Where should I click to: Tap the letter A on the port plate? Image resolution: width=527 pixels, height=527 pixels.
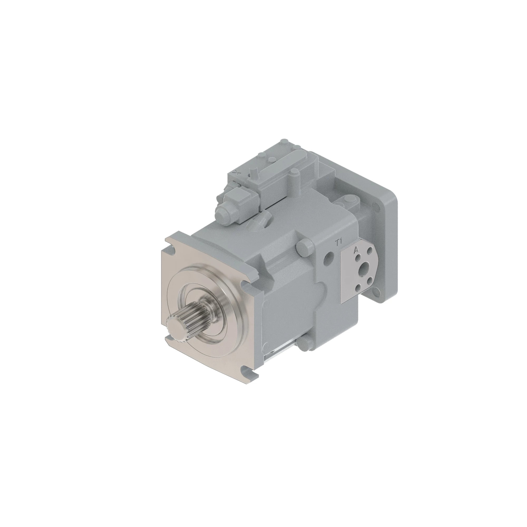[x=356, y=250]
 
